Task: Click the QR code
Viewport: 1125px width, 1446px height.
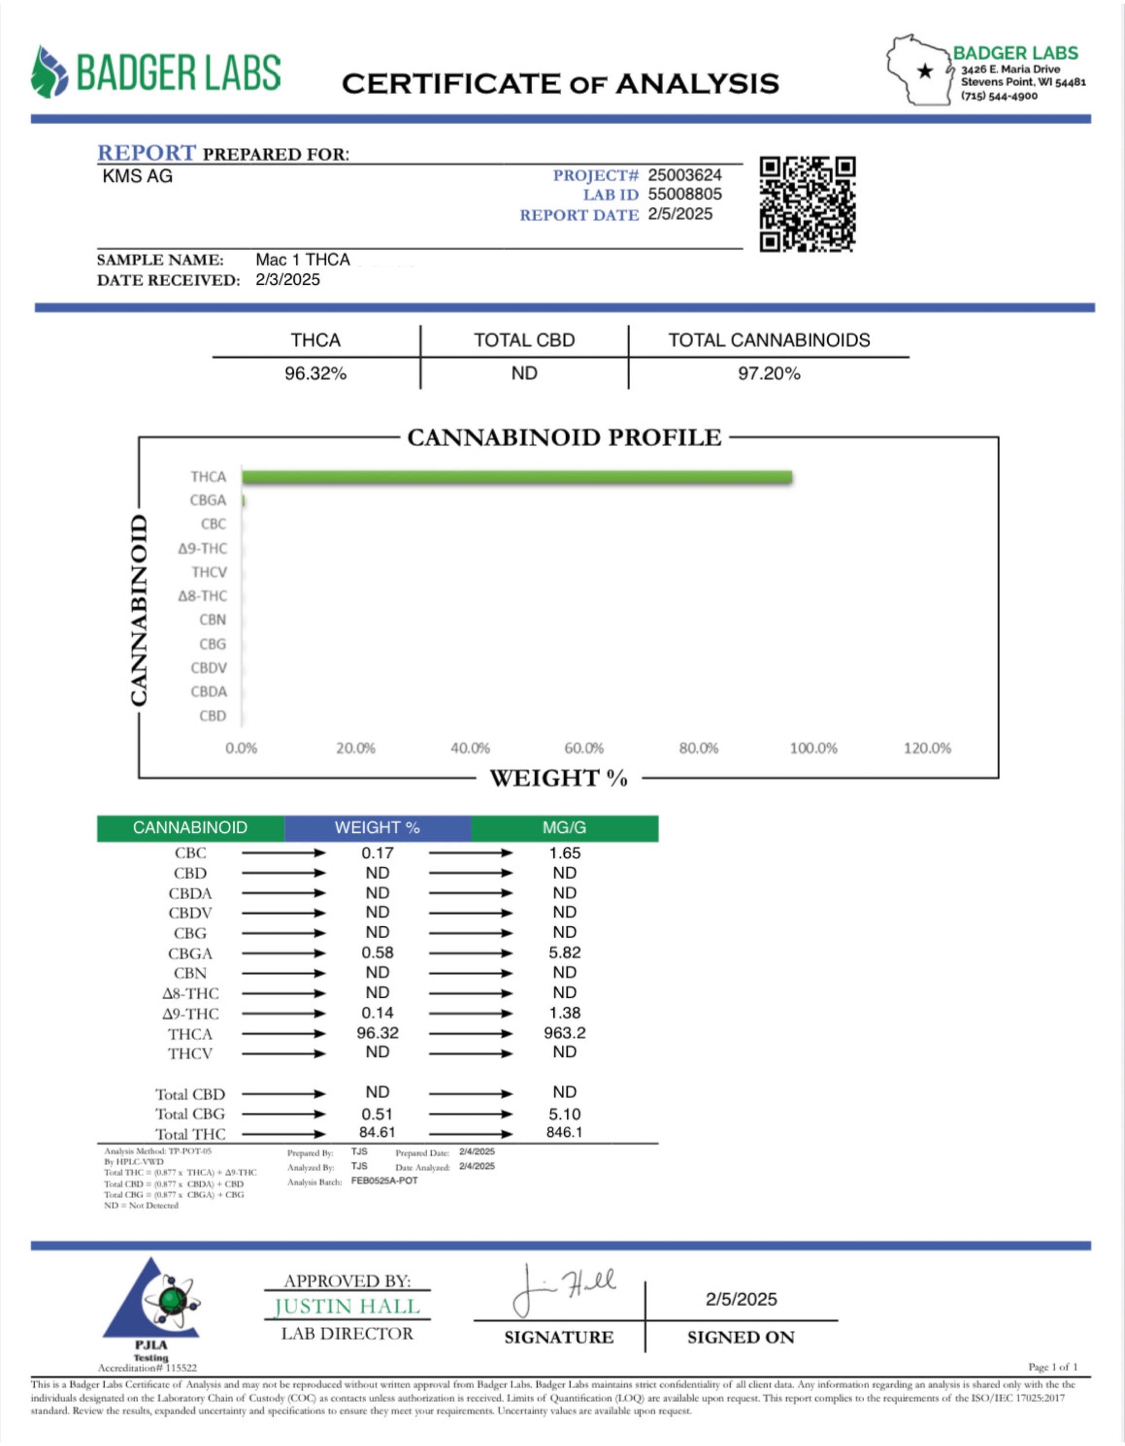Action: (x=807, y=205)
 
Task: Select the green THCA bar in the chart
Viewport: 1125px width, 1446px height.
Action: (x=516, y=477)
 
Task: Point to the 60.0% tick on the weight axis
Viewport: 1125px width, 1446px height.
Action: (x=583, y=748)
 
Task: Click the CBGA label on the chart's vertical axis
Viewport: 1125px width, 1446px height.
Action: (x=208, y=500)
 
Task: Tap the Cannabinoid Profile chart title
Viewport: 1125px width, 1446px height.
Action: (x=564, y=437)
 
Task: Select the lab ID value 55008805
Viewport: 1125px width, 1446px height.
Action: (x=684, y=194)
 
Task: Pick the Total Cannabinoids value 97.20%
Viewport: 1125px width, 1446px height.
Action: (x=769, y=374)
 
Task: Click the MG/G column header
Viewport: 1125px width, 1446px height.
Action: (x=564, y=828)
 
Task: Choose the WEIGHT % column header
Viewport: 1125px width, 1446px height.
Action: (x=377, y=828)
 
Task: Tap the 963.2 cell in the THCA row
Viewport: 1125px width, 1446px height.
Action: (x=564, y=1033)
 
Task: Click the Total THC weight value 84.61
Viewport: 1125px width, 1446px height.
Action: (x=377, y=1132)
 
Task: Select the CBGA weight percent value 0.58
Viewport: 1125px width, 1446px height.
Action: (x=377, y=953)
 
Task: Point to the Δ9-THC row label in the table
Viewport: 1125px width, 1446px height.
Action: (x=190, y=1014)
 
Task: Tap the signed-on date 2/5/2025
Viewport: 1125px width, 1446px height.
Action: (x=741, y=1299)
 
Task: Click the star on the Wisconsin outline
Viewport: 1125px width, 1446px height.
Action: (x=925, y=71)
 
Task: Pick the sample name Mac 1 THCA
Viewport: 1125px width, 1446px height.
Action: (x=302, y=259)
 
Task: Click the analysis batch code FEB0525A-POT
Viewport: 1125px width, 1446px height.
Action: (x=384, y=1181)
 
